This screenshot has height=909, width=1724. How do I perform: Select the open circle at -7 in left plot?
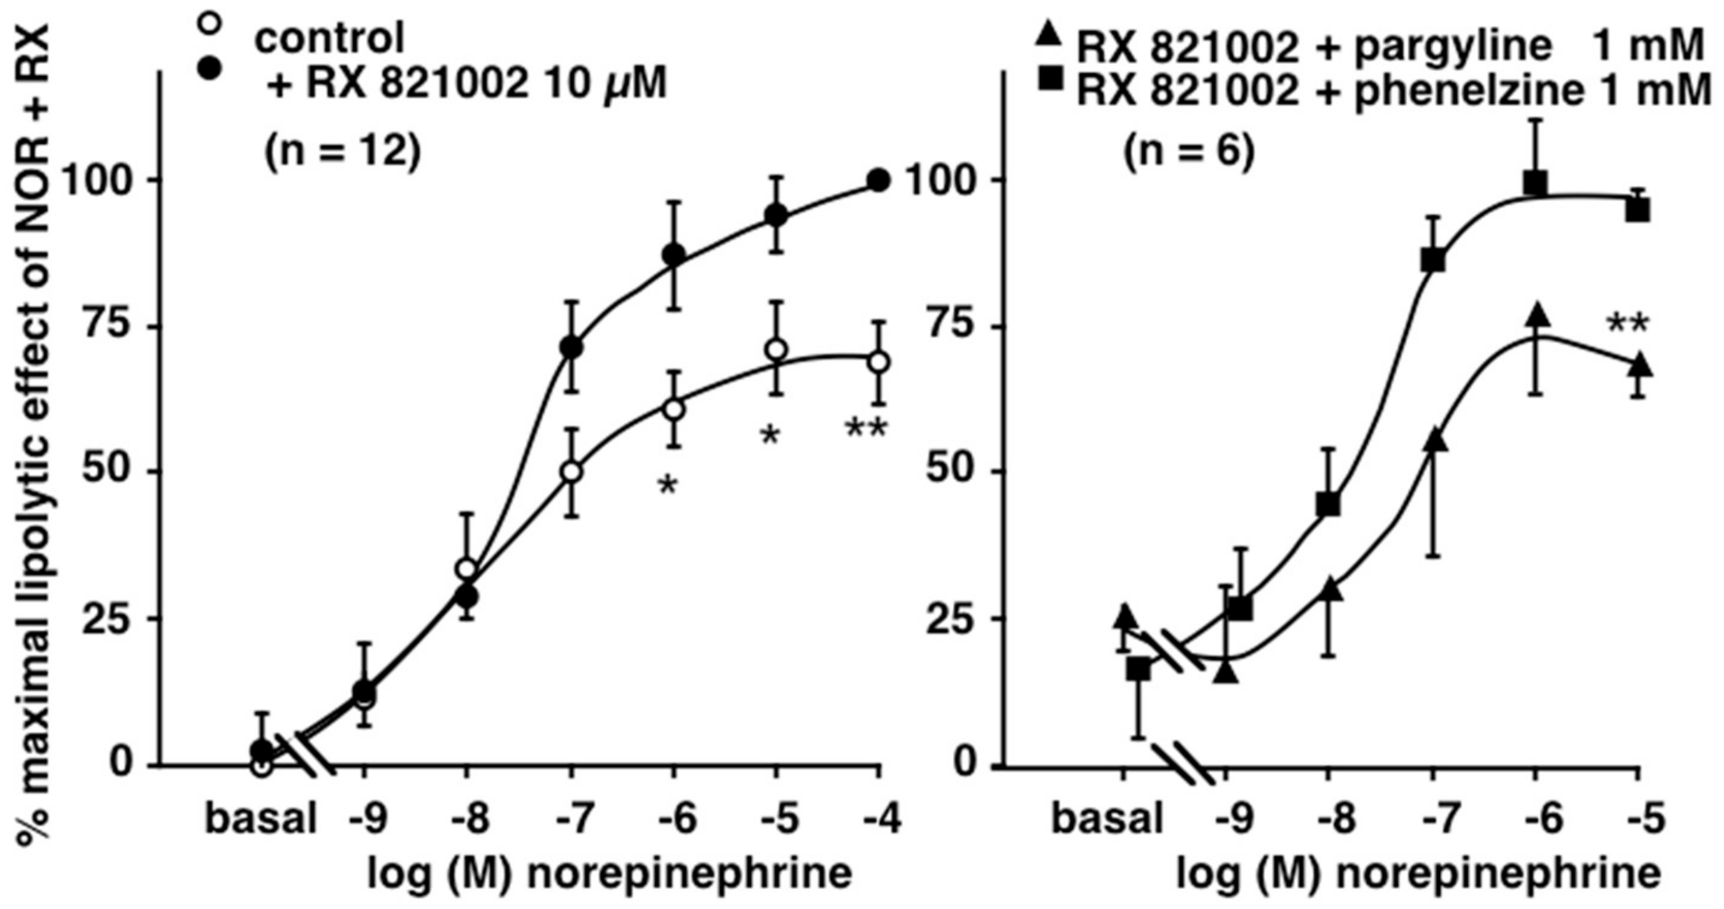571,471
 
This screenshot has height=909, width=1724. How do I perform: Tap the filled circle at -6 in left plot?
673,254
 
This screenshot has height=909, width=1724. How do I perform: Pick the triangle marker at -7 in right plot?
1433,441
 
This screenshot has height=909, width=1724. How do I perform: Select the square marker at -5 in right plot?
1638,212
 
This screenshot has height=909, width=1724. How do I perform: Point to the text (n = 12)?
343,153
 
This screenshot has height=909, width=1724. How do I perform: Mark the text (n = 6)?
1187,153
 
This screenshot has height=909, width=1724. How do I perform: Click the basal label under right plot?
1108,819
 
